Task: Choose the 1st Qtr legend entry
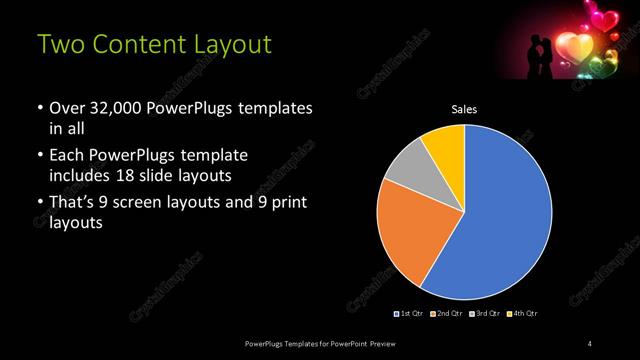[x=411, y=314]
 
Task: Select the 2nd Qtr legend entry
[x=446, y=314]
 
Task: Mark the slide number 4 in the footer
[x=590, y=344]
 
